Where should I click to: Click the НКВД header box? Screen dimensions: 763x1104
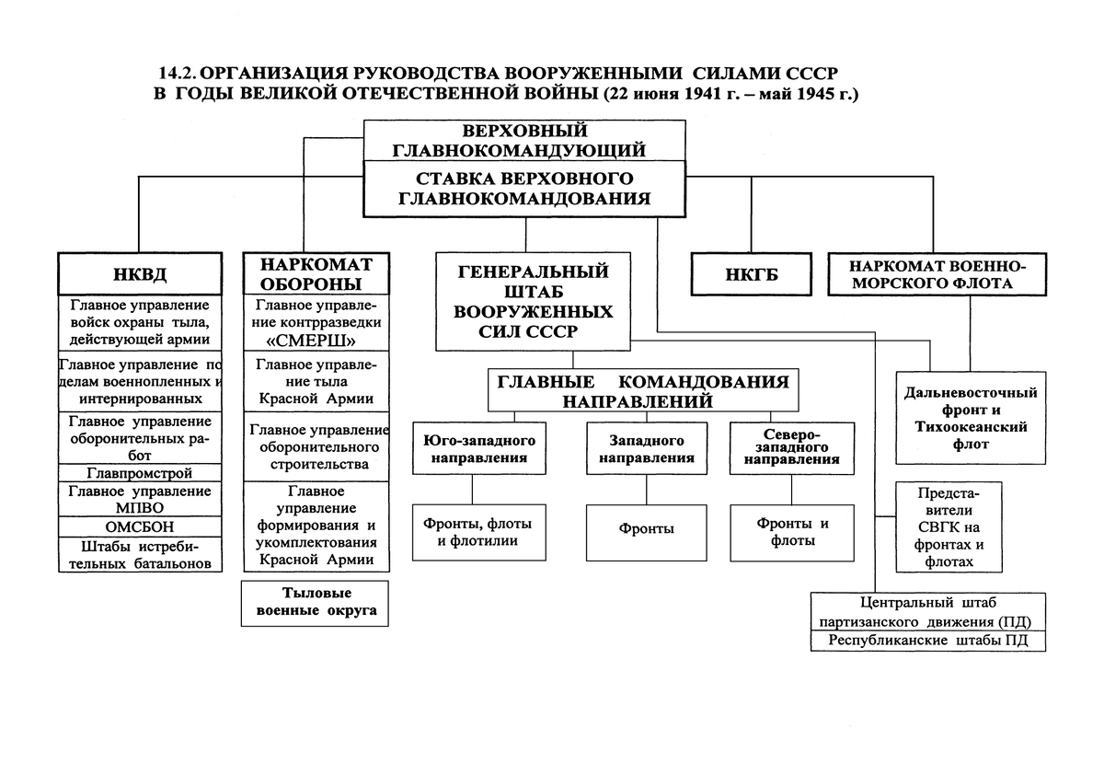pyautogui.click(x=140, y=272)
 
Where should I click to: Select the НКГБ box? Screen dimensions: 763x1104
pyautogui.click(x=750, y=273)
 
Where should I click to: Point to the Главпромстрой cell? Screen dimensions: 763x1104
pyautogui.click(x=140, y=473)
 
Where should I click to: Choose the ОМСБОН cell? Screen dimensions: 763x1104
pyautogui.click(x=140, y=527)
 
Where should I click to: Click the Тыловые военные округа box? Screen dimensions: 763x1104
pyautogui.click(x=316, y=603)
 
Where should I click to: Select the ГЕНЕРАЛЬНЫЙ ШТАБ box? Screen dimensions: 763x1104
pyautogui.click(x=533, y=302)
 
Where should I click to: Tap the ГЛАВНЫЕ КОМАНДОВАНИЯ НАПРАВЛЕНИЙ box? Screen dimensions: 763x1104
pyautogui.click(x=643, y=390)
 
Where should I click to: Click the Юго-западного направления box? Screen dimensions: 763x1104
pyautogui.click(x=473, y=448)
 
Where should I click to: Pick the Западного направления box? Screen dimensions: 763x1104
pyautogui.click(x=647, y=448)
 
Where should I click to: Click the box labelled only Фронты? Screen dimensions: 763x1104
pyautogui.click(x=647, y=529)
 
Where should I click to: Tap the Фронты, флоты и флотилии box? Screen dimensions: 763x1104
pyautogui.click(x=472, y=532)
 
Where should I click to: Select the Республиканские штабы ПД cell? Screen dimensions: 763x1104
pyautogui.click(x=928, y=641)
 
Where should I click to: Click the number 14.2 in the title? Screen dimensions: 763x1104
pyautogui.click(x=178, y=72)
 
